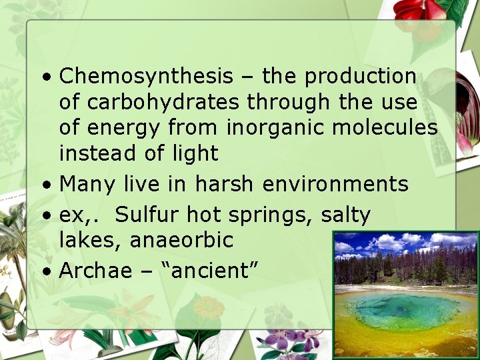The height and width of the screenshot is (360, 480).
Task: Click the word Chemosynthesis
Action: coord(146,77)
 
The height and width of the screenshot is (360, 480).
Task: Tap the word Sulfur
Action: coord(147,215)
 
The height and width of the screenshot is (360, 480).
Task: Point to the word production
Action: coord(361,77)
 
